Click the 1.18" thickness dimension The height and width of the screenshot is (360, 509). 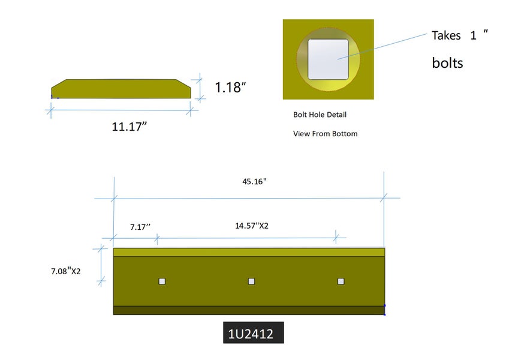[230, 87]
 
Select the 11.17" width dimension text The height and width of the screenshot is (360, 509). [129, 127]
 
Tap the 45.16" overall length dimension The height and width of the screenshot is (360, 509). [254, 181]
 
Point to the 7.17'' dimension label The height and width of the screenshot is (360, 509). [140, 226]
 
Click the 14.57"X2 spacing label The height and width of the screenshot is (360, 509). [252, 226]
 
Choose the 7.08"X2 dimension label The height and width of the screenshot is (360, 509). [66, 271]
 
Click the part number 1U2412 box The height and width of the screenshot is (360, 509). [253, 332]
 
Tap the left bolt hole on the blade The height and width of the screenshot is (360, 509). [162, 281]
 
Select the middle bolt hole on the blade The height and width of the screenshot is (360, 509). [251, 281]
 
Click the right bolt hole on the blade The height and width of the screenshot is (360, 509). [341, 281]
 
